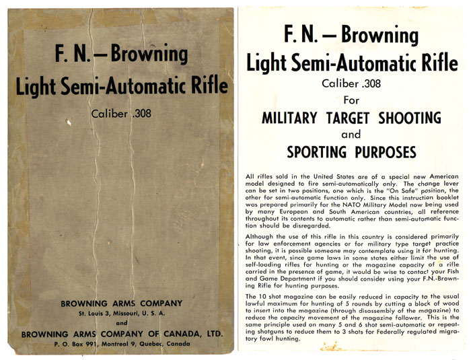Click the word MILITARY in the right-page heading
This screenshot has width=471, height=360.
[289, 118]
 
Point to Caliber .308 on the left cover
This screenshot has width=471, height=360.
[121, 113]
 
